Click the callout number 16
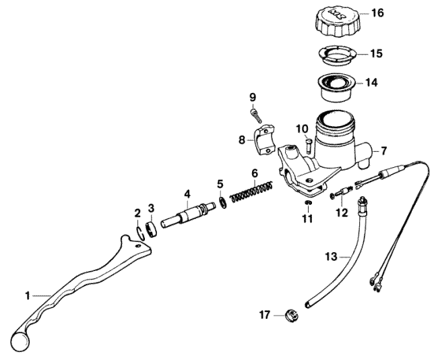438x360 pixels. (377, 13)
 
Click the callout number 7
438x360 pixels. (384, 151)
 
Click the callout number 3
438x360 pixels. (151, 208)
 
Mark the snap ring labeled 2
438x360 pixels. (141, 233)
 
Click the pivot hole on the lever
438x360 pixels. (137, 246)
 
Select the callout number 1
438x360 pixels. (28, 295)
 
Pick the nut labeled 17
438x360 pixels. (291, 316)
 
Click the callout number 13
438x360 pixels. (332, 256)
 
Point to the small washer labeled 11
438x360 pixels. (308, 203)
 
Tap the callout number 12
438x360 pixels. (342, 213)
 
